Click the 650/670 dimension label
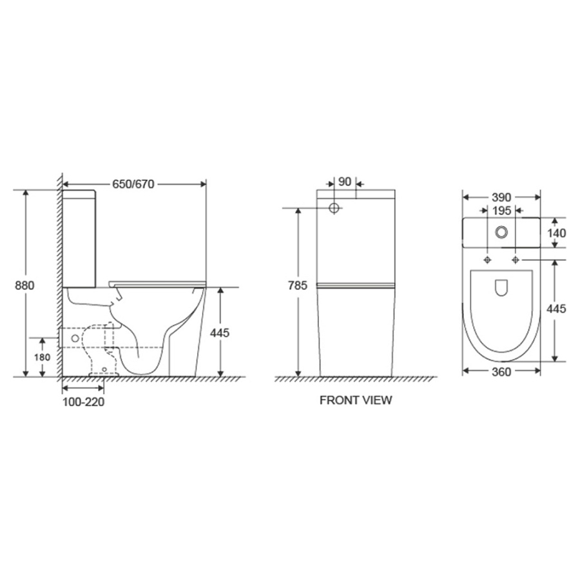tap(133, 184)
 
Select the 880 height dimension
tap(24, 285)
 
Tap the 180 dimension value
tap(42, 358)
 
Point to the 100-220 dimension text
tap(83, 401)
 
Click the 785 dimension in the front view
tap(298, 285)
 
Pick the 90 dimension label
tap(344, 182)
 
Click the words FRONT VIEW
tap(356, 400)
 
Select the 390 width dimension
tap(501, 198)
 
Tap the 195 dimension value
tap(501, 211)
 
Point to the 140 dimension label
tap(557, 233)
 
